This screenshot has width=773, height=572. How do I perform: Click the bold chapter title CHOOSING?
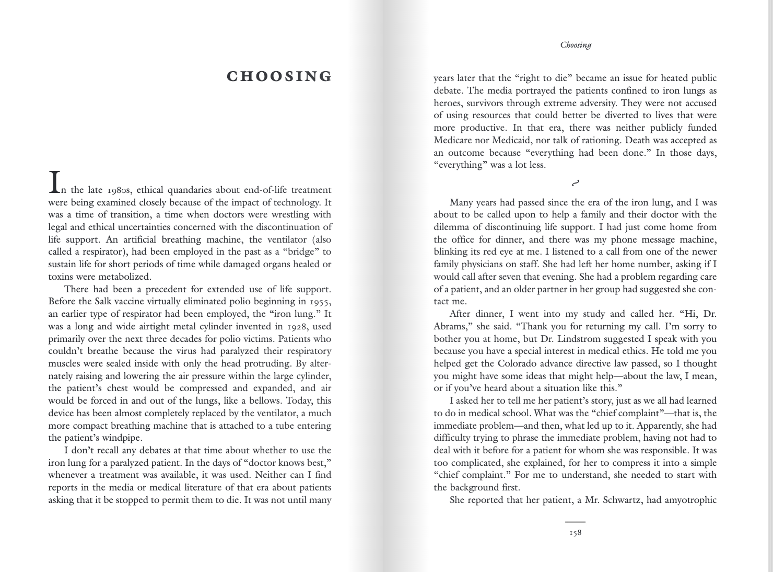pyautogui.click(x=279, y=76)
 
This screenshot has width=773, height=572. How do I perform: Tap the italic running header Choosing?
pyautogui.click(x=576, y=45)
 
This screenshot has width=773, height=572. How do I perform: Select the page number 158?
pyautogui.click(x=575, y=533)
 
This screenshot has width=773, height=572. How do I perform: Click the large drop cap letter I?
pyautogui.click(x=53, y=181)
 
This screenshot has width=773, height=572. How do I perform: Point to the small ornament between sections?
pyautogui.click(x=576, y=183)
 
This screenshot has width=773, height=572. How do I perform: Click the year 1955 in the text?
pyautogui.click(x=320, y=302)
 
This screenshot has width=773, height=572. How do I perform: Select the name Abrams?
pyautogui.click(x=451, y=326)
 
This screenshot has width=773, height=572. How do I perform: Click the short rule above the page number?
pyautogui.click(x=575, y=522)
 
